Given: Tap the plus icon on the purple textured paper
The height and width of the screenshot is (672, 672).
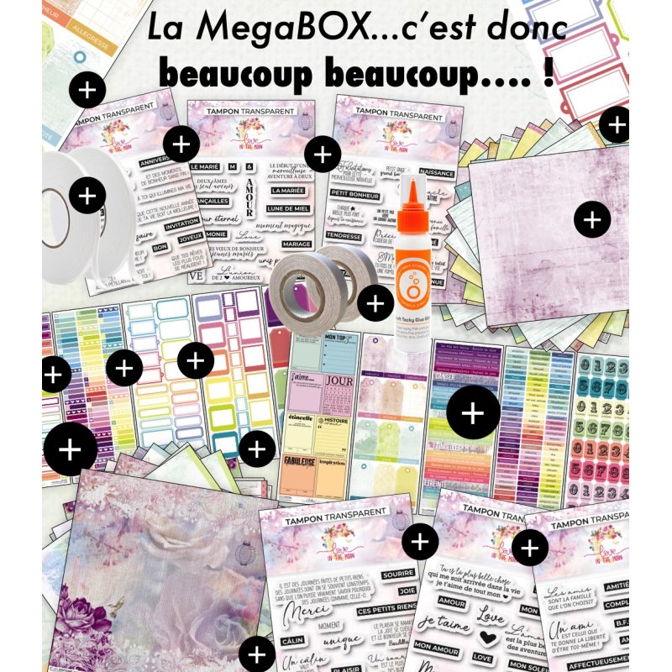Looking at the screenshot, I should coord(592,220).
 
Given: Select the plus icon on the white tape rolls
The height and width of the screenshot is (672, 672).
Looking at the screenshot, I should coord(86,197).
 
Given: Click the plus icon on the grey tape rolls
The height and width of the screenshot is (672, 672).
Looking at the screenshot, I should coord(375,301).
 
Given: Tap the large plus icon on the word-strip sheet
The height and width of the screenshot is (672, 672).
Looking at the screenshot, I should coord(473,413).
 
